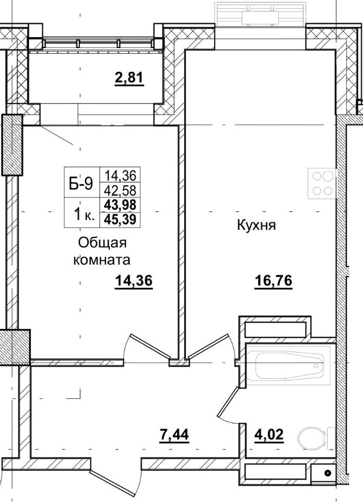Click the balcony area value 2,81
[129, 78]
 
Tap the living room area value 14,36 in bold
[137, 281]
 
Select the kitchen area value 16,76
[273, 281]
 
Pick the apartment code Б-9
[81, 184]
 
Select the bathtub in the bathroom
[287, 366]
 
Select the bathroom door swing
[229, 394]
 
